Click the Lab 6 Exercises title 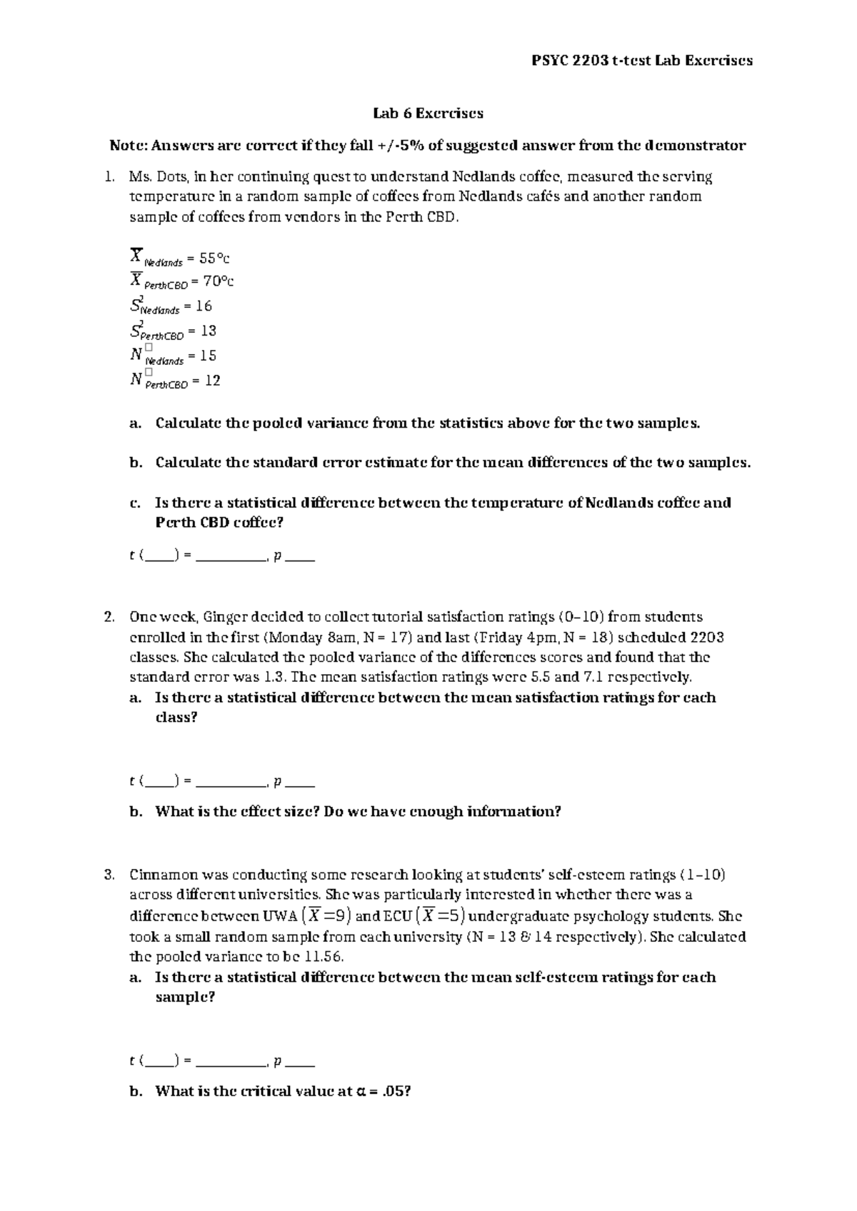[428, 113]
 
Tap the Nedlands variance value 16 [204, 306]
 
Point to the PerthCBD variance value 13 [208, 331]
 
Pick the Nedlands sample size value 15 [208, 356]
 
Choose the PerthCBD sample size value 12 [212, 381]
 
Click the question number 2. [109, 617]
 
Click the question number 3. [109, 875]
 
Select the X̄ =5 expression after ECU [441, 916]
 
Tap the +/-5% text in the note [401, 146]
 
